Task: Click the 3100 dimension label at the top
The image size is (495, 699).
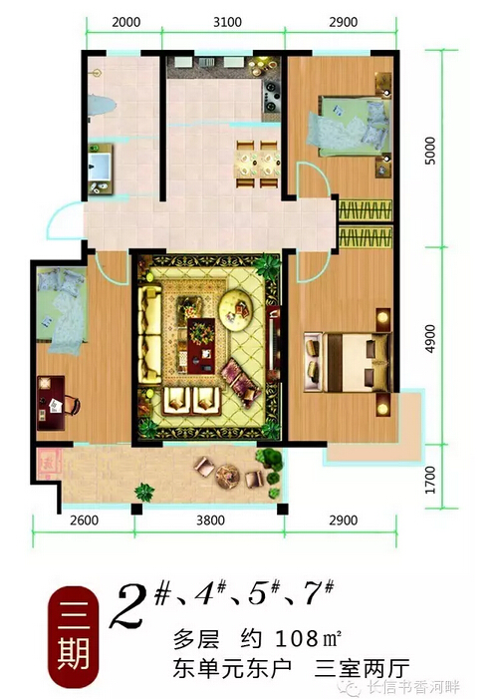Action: [x=227, y=22]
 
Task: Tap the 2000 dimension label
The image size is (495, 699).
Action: [x=125, y=22]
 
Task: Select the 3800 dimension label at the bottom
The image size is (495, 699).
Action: [x=210, y=521]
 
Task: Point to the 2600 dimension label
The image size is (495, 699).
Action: [x=84, y=521]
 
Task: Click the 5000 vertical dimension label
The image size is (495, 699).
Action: [x=430, y=151]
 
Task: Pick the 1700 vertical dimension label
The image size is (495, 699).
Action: [x=430, y=480]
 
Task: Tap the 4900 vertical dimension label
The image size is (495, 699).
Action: [x=430, y=339]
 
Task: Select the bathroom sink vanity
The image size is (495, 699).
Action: [x=101, y=169]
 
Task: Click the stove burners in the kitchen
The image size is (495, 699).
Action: [x=271, y=96]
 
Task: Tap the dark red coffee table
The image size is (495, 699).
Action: [x=201, y=346]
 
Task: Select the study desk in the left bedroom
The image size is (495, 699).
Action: [x=51, y=403]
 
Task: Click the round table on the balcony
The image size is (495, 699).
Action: [x=227, y=476]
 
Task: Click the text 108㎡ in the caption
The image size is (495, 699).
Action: [x=308, y=639]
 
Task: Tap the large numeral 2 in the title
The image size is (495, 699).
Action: [x=128, y=605]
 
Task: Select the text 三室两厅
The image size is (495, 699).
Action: [x=362, y=669]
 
